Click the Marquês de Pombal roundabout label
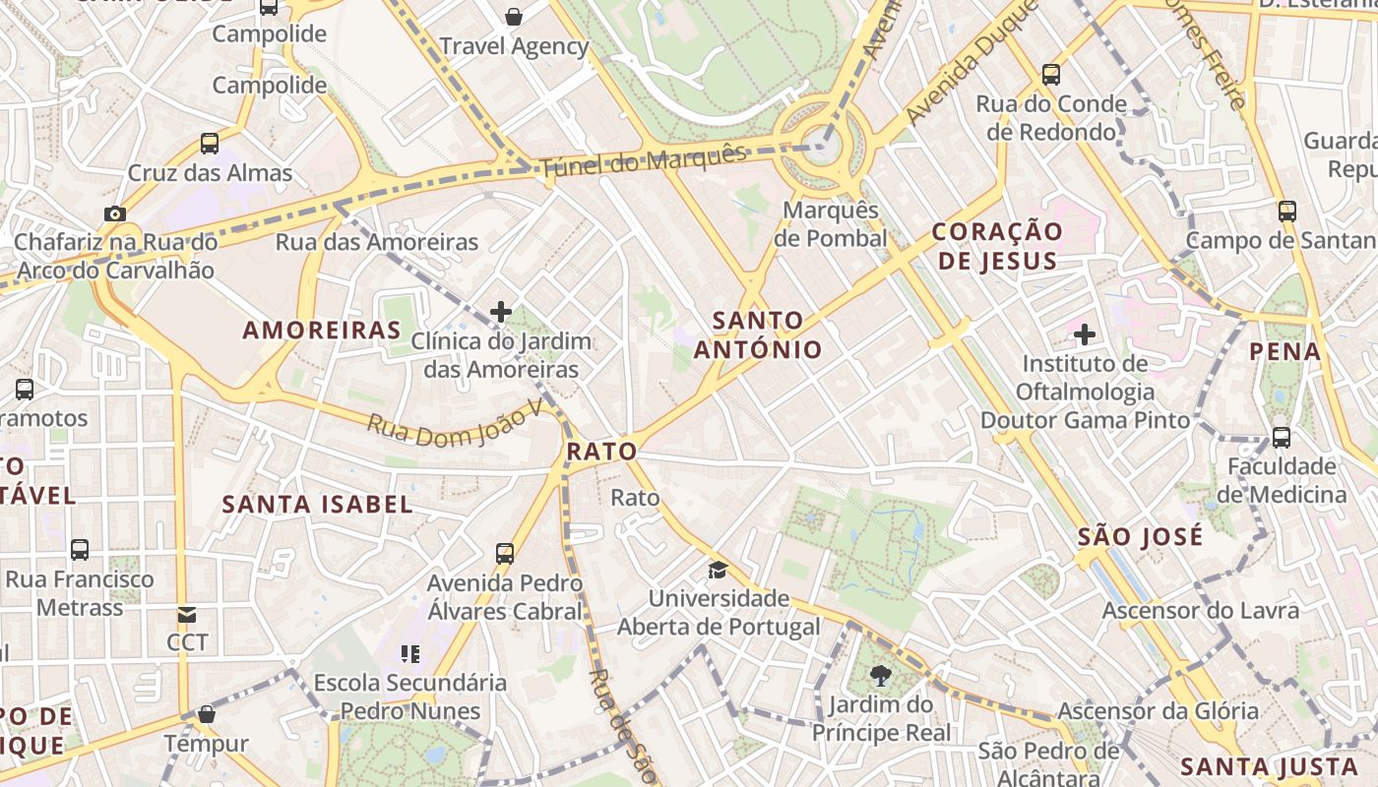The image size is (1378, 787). point(830,224)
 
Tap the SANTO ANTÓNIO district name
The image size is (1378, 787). point(758,334)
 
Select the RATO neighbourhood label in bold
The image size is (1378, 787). point(601,452)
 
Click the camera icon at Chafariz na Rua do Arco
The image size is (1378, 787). point(115,213)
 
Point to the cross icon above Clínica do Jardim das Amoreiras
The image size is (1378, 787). point(501,312)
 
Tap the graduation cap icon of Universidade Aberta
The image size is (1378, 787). point(719,570)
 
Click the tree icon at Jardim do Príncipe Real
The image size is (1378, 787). point(880,676)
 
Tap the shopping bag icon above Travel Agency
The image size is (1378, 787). point(513,16)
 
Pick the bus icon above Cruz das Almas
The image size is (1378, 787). point(210,144)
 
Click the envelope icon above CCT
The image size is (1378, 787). point(187,615)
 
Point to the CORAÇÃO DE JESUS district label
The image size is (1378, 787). point(997,246)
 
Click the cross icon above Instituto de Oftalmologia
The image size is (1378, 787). point(1084,334)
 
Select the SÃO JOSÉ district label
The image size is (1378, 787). point(1140,536)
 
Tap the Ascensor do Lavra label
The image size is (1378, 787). point(1200,611)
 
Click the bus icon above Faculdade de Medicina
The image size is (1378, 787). point(1282,437)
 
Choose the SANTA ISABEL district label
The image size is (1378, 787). point(317,505)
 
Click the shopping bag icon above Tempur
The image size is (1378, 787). point(207,714)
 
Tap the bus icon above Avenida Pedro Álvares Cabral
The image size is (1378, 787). point(505,553)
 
